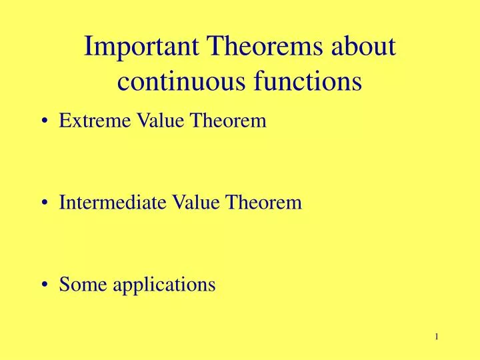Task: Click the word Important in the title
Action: pyautogui.click(x=138, y=48)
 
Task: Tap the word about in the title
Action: pyautogui.click(x=360, y=48)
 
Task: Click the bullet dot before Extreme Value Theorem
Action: pyautogui.click(x=45, y=121)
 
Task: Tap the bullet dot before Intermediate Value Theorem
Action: pyautogui.click(x=45, y=203)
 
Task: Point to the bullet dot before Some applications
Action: pyautogui.click(x=45, y=285)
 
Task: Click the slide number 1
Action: pyautogui.click(x=436, y=337)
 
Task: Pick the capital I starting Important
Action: pyautogui.click(x=91, y=48)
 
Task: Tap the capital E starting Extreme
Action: pyautogui.click(x=64, y=121)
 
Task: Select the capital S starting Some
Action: pyautogui.click(x=63, y=284)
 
